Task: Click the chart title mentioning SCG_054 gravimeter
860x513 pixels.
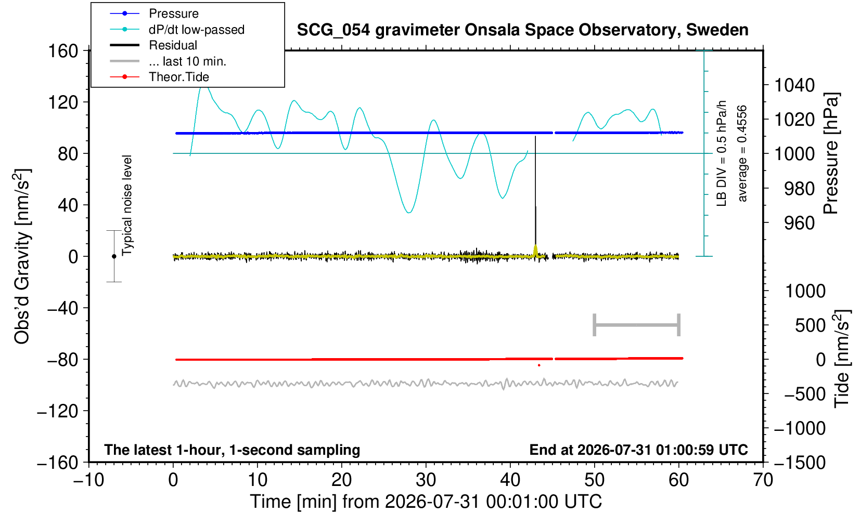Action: pos(522,30)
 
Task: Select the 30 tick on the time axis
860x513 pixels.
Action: pos(426,480)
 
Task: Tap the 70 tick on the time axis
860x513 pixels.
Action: pos(763,480)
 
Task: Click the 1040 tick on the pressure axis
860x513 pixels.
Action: pos(794,85)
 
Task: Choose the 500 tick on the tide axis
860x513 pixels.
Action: pos(810,326)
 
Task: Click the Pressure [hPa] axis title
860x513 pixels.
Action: pos(831,153)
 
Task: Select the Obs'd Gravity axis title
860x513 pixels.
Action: pos(22,256)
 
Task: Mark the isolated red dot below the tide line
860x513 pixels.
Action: pos(539,365)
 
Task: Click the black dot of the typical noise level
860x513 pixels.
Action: pos(114,256)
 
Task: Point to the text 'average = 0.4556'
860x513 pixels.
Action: pos(742,153)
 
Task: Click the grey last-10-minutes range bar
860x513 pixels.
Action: pos(637,325)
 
